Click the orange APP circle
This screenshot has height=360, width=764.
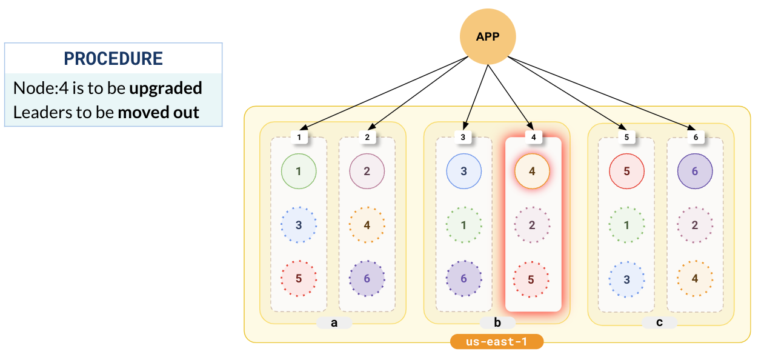pos(488,36)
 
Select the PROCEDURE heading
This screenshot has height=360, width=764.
pos(113,59)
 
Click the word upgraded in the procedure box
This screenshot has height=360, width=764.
pos(165,88)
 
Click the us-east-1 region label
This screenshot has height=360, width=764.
pos(497,342)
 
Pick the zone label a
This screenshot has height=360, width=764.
pos(334,323)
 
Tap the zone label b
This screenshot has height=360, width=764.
pos(497,323)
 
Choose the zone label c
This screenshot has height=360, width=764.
pos(659,323)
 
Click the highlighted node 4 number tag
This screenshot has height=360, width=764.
pos(533,138)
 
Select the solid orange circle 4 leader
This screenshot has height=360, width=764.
pos(532,172)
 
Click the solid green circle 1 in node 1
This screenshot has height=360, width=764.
pos(299,172)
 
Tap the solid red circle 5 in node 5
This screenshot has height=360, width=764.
pos(626,172)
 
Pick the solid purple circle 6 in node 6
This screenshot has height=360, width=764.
pos(695,172)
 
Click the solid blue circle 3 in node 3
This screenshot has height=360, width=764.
pos(463,172)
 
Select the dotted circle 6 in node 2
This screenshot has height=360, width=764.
pos(367,279)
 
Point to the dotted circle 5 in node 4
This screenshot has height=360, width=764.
pos(531,279)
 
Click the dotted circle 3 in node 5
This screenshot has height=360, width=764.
pos(626,279)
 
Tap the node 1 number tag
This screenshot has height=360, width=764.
pos(299,138)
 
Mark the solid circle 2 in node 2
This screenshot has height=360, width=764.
pos(367,172)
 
